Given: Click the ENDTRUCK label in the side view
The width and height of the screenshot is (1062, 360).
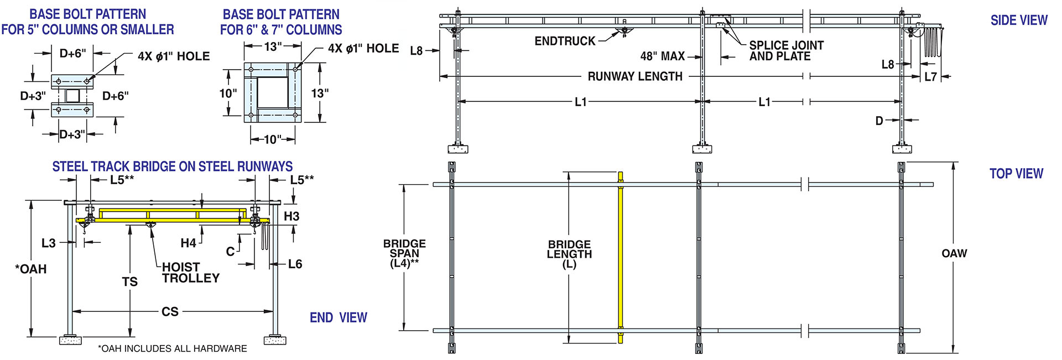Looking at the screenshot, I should tap(565, 41).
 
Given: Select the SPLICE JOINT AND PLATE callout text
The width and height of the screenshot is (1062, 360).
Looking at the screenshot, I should tap(785, 50).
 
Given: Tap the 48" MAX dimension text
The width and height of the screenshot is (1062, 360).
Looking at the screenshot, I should tap(662, 56).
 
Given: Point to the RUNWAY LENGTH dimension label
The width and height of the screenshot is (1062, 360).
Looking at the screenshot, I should tap(634, 76).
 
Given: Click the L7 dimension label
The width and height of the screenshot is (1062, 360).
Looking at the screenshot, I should tap(931, 77).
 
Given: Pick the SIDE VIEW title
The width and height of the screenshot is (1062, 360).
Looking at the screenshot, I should tap(1018, 20).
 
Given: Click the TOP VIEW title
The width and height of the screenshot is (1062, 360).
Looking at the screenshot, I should tap(1016, 174).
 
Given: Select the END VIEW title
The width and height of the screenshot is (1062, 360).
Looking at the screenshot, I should tap(338, 317).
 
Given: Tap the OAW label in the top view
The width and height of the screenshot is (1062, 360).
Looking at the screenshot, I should tap(954, 253).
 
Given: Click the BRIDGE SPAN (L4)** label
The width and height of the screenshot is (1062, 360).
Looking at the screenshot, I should tap(404, 253).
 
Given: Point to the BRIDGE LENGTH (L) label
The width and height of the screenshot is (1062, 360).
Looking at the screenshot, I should tap(569, 254).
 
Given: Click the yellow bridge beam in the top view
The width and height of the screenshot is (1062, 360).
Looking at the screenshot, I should tap(621, 260).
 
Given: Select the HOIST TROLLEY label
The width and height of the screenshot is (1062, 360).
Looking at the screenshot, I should tap(190, 273).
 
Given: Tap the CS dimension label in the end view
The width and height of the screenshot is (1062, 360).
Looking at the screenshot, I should tap(170, 312).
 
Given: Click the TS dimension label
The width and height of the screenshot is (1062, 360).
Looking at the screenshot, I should tap(129, 282).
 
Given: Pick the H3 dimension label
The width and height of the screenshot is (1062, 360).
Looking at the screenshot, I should tap(291, 216).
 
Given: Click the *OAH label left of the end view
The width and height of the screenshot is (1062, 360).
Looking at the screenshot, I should tap(31, 269).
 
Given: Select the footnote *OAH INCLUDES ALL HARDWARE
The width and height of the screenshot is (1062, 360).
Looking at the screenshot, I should tap(173, 348).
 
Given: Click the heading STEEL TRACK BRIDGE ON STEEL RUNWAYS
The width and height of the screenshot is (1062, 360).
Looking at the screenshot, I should tap(173, 166).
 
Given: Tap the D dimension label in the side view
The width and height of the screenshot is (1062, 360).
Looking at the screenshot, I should tap(879, 121).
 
